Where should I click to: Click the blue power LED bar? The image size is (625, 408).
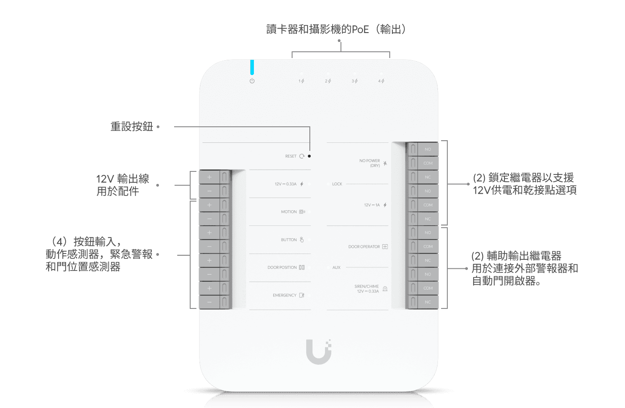(252, 67)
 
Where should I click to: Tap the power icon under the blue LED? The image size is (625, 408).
(252, 81)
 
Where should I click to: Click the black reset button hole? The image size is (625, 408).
(309, 156)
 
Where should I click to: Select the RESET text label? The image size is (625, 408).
(291, 156)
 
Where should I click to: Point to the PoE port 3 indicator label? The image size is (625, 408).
(354, 81)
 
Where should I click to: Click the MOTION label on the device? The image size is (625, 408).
(289, 212)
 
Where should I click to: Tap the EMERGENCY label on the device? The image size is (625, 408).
(284, 296)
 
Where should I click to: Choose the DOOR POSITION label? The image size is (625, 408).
(282, 267)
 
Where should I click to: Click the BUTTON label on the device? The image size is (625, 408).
(289, 240)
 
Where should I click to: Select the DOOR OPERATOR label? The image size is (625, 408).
(364, 247)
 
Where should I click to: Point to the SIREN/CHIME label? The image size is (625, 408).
(367, 289)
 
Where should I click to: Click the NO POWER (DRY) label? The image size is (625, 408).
(370, 163)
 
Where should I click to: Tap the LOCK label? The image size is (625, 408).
(337, 184)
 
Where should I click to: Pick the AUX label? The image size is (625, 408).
(337, 267)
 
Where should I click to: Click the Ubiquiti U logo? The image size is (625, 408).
(319, 352)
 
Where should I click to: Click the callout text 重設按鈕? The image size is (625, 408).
(132, 127)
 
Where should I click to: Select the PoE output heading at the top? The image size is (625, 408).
(336, 29)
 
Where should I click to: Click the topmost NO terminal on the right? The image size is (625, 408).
(428, 149)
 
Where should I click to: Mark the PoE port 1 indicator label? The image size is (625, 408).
(301, 81)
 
